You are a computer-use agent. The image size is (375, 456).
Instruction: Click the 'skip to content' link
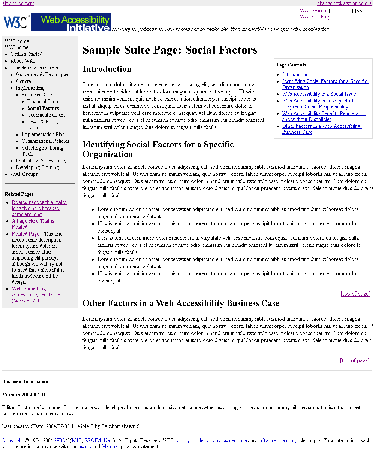[18, 3]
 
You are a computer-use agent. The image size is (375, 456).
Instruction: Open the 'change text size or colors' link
[344, 3]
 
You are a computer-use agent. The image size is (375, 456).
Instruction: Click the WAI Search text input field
[341, 11]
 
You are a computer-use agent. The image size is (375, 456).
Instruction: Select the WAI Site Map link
[315, 17]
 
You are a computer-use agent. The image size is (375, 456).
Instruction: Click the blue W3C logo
[16, 22]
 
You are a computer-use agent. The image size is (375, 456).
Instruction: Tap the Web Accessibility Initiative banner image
[71, 22]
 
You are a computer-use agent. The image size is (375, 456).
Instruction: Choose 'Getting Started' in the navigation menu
[26, 54]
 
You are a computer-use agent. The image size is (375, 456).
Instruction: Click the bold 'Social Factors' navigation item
[43, 108]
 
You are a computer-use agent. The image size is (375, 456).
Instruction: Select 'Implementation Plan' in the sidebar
[43, 135]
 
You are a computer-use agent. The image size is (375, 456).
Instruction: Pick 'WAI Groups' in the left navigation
[24, 174]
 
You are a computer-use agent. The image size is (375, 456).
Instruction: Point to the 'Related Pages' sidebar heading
[19, 194]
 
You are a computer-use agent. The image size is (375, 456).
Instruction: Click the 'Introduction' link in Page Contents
[295, 75]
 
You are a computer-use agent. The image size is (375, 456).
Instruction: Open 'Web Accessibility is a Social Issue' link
[319, 94]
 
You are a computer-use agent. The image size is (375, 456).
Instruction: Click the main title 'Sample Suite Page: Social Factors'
[170, 50]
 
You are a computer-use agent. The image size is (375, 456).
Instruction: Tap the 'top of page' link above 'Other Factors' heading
[355, 294]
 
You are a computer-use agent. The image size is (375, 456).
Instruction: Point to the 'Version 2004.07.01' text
[24, 395]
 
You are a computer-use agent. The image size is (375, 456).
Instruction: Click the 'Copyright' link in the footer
[13, 441]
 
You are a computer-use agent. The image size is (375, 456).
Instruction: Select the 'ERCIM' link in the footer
[93, 441]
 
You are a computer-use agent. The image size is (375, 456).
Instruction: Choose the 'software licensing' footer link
[276, 441]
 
